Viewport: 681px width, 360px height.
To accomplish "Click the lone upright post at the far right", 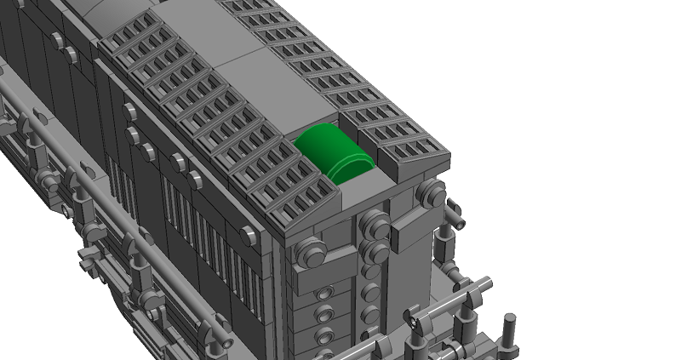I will click(x=510, y=333).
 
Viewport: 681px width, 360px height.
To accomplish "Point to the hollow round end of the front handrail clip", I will click(x=414, y=323).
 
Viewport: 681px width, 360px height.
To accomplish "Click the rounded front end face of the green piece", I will click(x=350, y=167).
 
